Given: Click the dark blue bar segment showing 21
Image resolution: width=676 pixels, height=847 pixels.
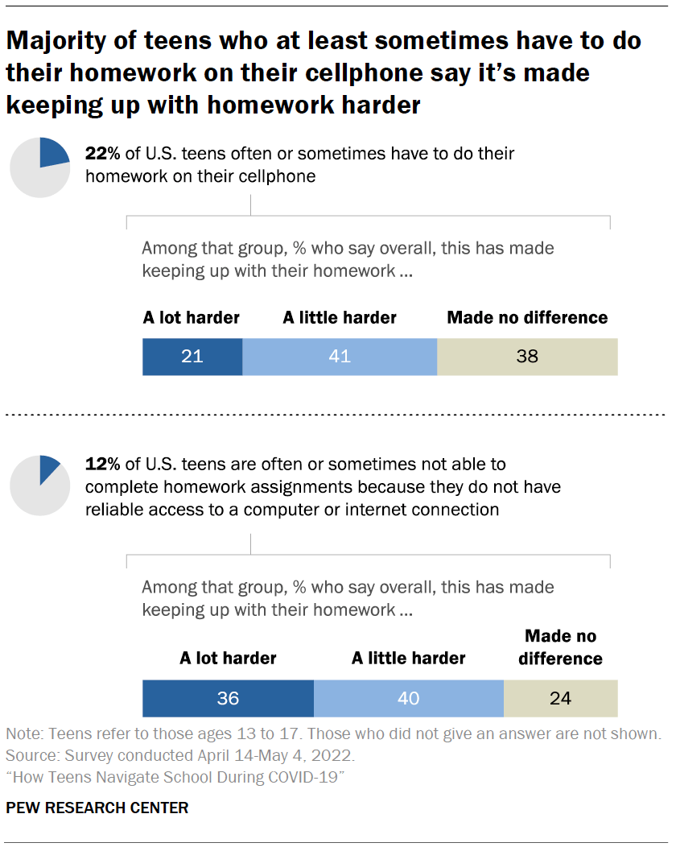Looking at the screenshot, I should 192,356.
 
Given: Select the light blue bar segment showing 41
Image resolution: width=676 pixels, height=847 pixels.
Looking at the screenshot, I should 340,356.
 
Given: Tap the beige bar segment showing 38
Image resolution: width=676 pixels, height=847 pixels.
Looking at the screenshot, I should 527,356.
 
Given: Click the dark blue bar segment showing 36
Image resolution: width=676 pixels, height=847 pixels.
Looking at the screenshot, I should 228,698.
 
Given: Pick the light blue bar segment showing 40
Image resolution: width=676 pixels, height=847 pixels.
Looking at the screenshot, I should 408,698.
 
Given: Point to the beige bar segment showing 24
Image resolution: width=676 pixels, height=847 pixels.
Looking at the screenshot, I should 560,698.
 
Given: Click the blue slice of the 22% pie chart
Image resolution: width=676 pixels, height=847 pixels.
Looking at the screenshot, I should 53,153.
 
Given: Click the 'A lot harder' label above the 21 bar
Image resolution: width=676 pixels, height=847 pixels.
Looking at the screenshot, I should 192,318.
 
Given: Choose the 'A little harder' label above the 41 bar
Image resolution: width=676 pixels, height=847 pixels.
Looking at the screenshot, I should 340,318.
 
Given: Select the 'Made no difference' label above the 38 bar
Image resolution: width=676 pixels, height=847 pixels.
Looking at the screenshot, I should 527,318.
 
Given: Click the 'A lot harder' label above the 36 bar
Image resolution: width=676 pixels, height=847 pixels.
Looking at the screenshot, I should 228,659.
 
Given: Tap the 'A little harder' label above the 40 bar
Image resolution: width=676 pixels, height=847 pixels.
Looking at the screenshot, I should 408,659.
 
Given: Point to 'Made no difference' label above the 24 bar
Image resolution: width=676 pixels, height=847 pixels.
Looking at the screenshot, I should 560,647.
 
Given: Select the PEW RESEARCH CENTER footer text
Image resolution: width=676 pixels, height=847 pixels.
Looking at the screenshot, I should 97,808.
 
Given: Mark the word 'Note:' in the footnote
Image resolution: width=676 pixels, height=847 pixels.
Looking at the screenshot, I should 23,734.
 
